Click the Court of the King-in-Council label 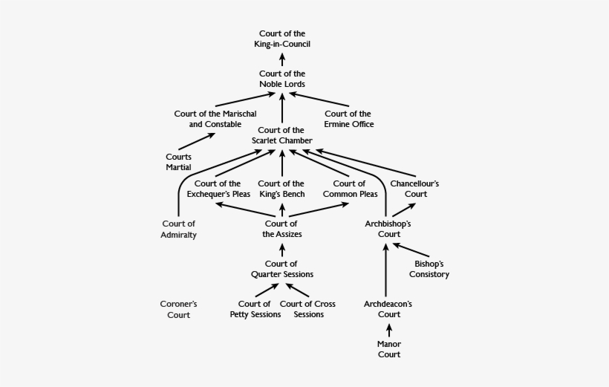point(281,39)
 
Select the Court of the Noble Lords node point(281,79)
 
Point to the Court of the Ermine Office point(348,119)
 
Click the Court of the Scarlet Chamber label point(281,135)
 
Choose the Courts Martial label point(178,162)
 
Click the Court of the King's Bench point(281,189)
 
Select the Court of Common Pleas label point(348,189)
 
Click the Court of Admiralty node point(178,230)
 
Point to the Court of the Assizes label point(281,229)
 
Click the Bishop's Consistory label point(429,269)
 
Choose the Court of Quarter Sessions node point(281,269)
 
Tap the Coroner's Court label point(178,309)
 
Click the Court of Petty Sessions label point(255,309)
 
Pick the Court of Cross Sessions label point(307,309)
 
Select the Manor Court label point(388,349)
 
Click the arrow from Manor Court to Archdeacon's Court point(388,331)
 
